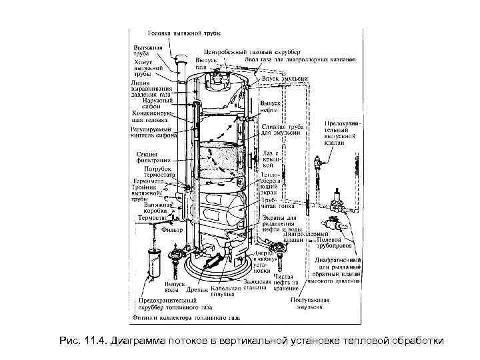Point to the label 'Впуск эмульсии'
285,79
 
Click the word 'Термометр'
147,181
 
